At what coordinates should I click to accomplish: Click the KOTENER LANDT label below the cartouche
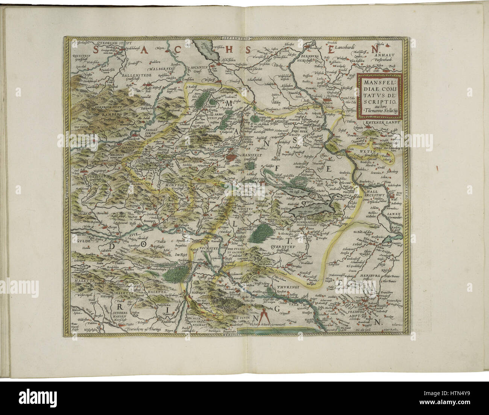click(381, 122)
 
